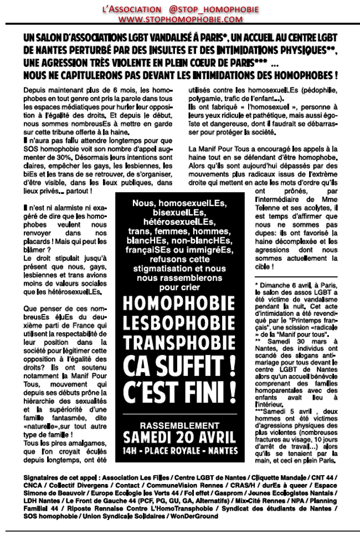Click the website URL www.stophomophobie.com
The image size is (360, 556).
(180, 19)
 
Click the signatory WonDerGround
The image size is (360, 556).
(196, 516)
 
